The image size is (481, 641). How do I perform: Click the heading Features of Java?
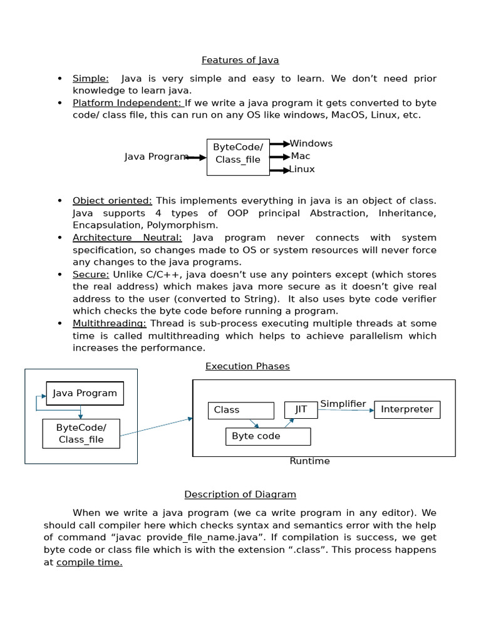pos(240,60)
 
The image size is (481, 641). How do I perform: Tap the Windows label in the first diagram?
pos(311,143)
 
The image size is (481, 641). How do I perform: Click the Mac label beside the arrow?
pos(301,156)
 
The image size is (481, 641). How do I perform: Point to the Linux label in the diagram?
pos(302,169)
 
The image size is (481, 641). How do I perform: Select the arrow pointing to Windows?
pos(279,144)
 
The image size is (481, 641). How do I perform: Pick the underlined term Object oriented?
pos(112,201)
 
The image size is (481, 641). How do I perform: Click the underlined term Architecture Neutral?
pos(127,238)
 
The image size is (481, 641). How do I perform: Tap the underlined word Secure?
pos(91,275)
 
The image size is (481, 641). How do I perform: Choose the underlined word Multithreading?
pos(110,324)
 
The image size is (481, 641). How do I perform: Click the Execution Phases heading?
pos(247,366)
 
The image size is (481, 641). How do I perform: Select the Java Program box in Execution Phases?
pos(85,393)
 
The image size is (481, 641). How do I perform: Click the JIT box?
pos(301,409)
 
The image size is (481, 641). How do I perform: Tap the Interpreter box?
pos(407,409)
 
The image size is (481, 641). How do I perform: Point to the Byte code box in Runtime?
pos(267,436)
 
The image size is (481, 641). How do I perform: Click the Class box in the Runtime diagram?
pos(240,410)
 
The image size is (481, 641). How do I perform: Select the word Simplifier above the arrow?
pos(343,404)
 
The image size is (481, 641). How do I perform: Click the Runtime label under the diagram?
pos(309,461)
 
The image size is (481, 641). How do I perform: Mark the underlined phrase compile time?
pos(90,562)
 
